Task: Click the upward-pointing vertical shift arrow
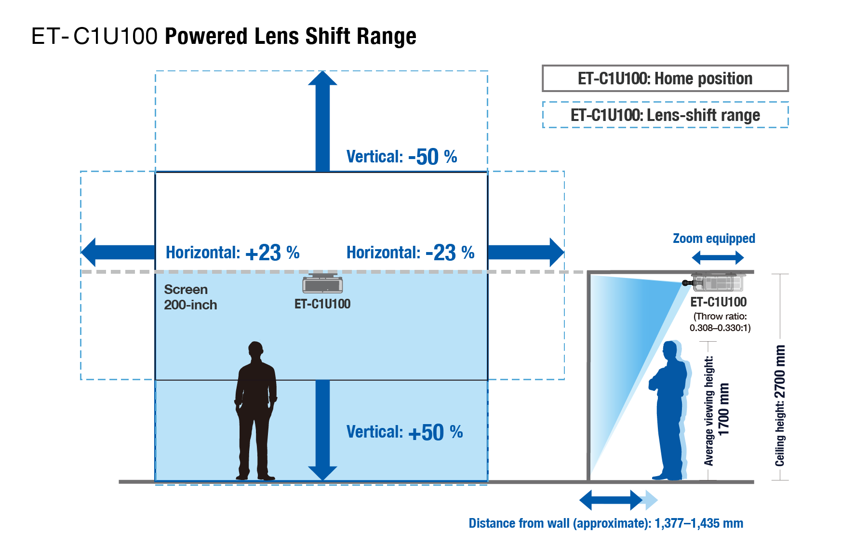tap(322, 121)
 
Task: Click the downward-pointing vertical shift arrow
tap(322, 430)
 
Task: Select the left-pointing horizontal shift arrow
tap(118, 252)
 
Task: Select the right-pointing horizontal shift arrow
tap(526, 252)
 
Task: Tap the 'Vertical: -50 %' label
tap(402, 157)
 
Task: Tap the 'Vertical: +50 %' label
tap(404, 432)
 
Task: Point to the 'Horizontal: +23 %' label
tap(233, 252)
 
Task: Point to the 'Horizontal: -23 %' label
tap(411, 252)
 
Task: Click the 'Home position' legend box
tap(665, 78)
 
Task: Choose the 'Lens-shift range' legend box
tap(665, 115)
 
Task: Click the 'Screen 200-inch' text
tap(190, 297)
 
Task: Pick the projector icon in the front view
tap(322, 283)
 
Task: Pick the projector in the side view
tap(715, 282)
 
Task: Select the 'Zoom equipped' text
tap(714, 238)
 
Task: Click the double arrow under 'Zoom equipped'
tap(718, 258)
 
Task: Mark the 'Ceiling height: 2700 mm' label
tap(780, 406)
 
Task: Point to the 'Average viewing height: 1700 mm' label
tap(716, 411)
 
